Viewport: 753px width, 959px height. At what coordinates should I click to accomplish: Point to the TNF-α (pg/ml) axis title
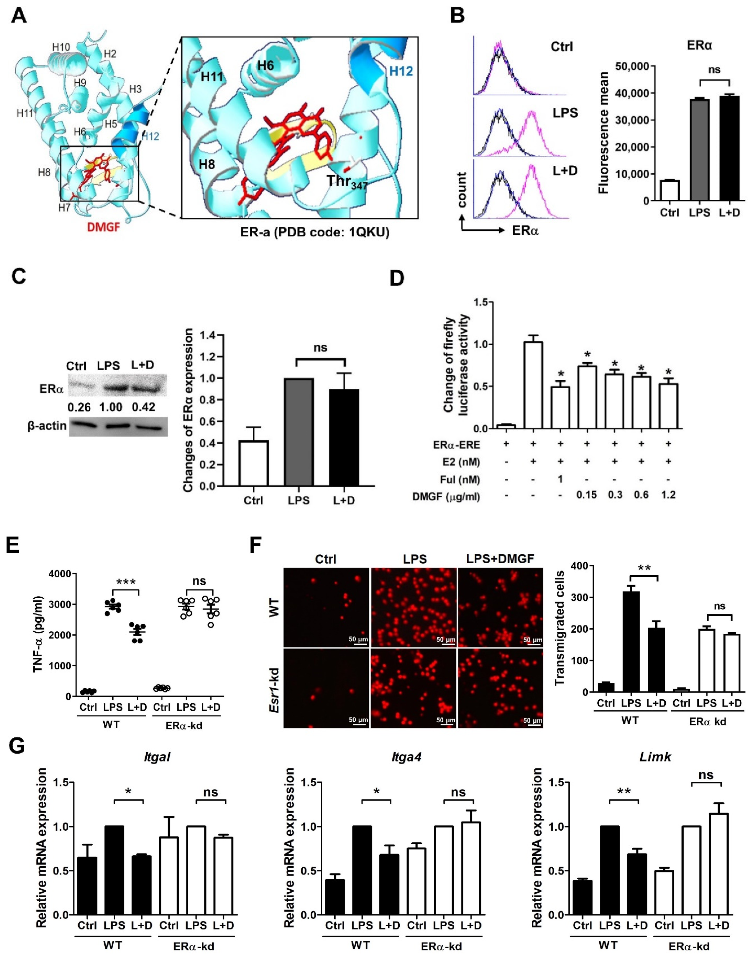click(x=39, y=635)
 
